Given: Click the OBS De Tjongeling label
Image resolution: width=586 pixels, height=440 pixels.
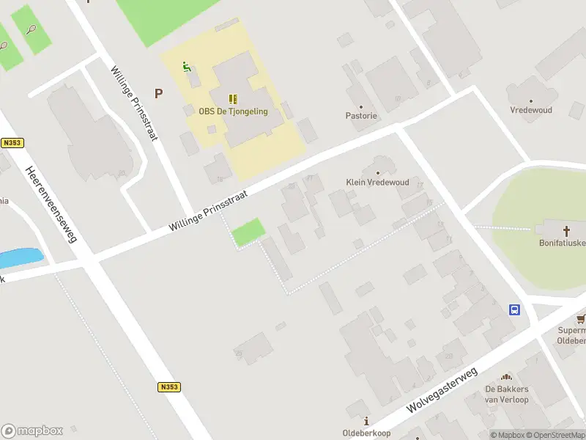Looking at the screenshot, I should click(233, 111).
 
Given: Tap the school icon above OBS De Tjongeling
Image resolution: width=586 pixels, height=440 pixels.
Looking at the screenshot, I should click(233, 98).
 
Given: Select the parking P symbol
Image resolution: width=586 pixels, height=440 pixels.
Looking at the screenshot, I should click(157, 93).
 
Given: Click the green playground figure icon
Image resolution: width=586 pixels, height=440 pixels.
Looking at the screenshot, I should click(187, 67).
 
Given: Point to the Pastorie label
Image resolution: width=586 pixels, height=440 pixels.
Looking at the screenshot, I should click(361, 116).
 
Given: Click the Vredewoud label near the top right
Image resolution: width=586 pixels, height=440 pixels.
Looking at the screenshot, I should click(531, 110).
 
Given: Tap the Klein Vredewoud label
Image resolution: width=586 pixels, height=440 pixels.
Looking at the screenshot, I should click(377, 182).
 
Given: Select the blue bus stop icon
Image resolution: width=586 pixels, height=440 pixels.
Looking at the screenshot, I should click(515, 309).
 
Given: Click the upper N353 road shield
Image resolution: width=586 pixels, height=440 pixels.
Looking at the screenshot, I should click(10, 143).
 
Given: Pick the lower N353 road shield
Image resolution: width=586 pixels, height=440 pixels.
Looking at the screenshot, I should click(168, 386).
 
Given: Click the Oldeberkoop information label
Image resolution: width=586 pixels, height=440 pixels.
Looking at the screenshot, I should click(366, 433).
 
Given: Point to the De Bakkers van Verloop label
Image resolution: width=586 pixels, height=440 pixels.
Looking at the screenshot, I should click(507, 394).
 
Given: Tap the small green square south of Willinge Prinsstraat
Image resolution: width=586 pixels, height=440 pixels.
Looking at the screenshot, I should click(248, 232).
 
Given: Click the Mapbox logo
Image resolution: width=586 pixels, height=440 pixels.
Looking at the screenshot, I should click(32, 431).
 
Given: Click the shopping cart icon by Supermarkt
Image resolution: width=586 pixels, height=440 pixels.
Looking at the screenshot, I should click(581, 319).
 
